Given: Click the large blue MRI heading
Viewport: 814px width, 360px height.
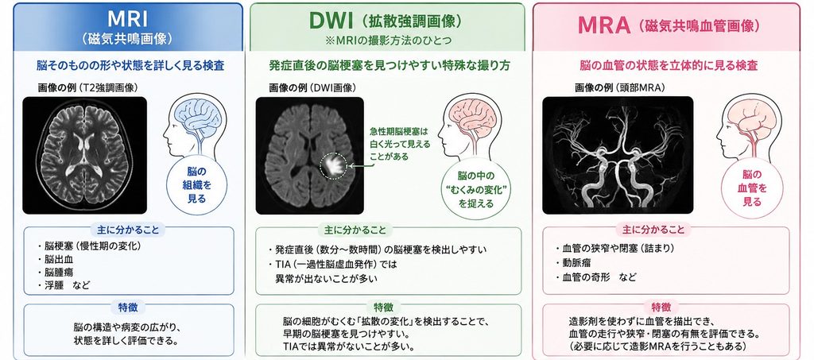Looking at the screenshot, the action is click(x=127, y=18).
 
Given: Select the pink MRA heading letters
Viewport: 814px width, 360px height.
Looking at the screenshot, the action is click(x=604, y=25).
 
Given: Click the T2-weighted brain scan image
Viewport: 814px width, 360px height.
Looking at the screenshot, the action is click(x=84, y=155).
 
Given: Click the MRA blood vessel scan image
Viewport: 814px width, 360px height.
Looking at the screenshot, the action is click(x=618, y=155).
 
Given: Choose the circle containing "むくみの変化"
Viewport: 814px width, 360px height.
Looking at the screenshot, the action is click(x=476, y=188).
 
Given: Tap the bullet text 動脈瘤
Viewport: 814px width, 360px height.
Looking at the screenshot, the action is click(x=576, y=262).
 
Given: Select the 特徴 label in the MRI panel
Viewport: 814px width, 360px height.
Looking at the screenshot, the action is click(x=129, y=308).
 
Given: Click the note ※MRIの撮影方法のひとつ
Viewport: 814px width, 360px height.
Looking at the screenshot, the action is click(x=386, y=41).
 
